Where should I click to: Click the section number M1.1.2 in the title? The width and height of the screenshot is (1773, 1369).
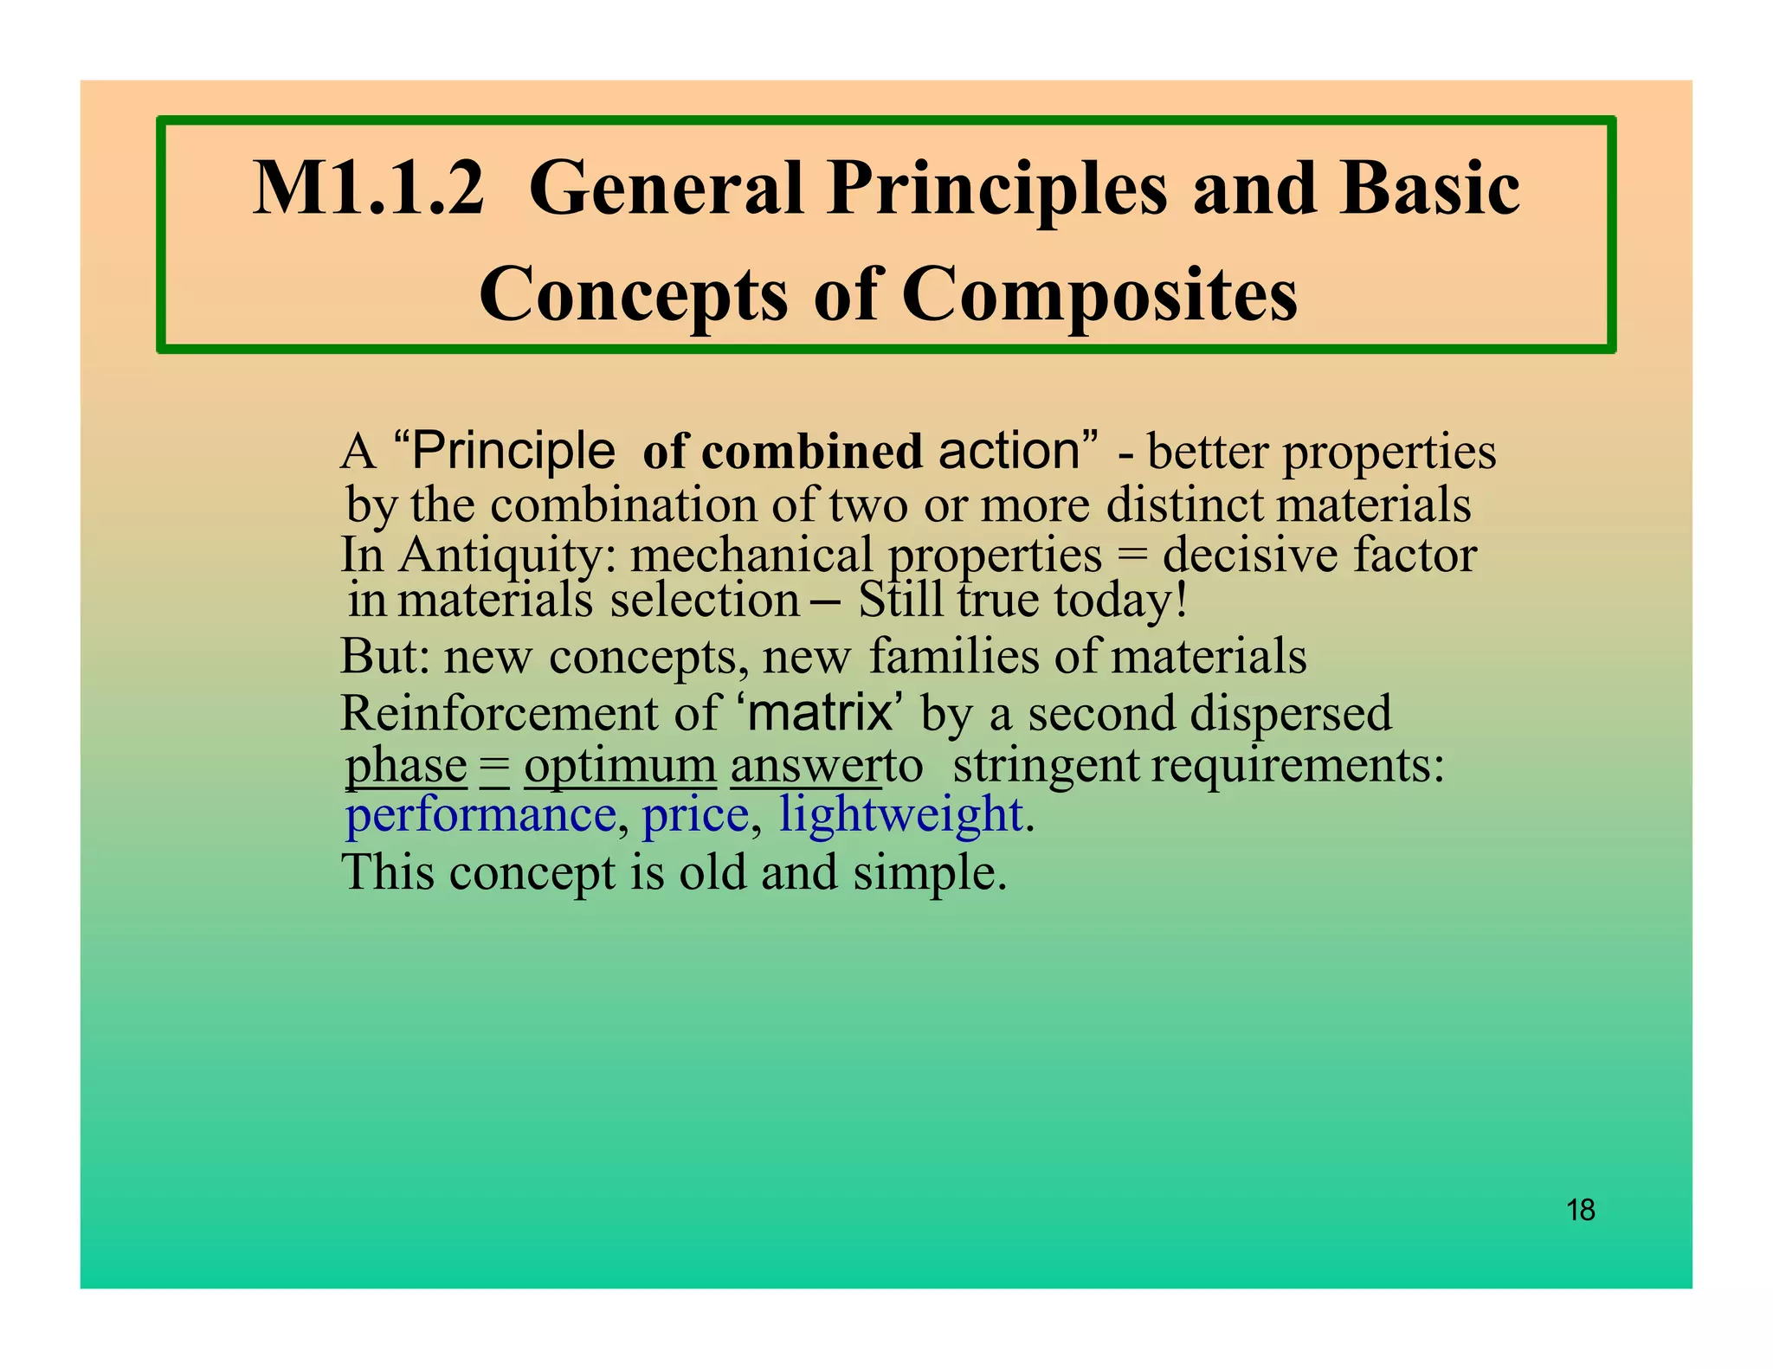click(368, 189)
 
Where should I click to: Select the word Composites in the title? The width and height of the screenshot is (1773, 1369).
click(1099, 294)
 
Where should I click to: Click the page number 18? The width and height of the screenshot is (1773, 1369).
click(1581, 1210)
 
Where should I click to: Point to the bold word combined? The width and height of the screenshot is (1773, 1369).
click(812, 452)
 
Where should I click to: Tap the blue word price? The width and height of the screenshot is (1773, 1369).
click(695, 815)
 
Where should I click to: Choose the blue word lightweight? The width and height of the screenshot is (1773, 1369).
click(900, 815)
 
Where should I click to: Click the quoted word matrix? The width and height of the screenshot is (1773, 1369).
click(820, 712)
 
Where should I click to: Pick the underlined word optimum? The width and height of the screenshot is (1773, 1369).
click(620, 766)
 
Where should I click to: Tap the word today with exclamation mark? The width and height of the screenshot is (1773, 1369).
click(1120, 600)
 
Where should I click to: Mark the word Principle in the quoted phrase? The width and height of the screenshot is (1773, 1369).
click(513, 451)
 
